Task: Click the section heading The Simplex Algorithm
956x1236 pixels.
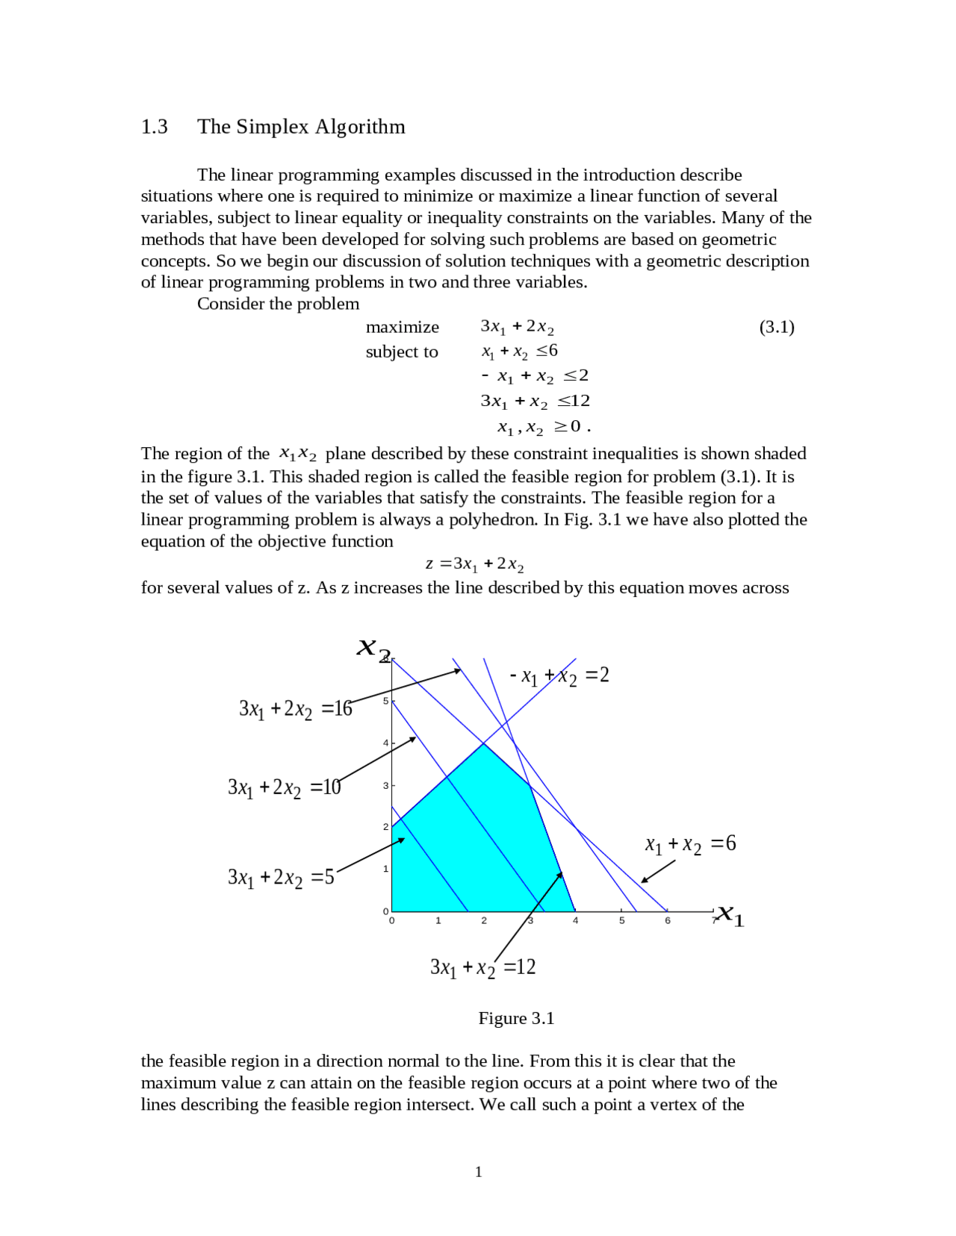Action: [x=301, y=127]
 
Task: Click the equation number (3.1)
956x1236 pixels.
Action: [x=776, y=327]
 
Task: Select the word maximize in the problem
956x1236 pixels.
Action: [x=402, y=327]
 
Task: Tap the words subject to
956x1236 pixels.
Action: [x=401, y=352]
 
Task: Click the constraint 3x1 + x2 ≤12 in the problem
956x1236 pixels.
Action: [x=535, y=402]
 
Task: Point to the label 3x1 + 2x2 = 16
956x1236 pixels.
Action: [x=295, y=709]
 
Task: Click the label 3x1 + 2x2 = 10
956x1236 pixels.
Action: [x=284, y=787]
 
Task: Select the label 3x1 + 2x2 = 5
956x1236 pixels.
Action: [x=281, y=877]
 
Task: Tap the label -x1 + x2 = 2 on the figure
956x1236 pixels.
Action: [x=559, y=676]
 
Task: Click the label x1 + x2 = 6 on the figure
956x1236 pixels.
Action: [x=690, y=844]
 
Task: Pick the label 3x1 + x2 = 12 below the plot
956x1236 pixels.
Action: [x=482, y=968]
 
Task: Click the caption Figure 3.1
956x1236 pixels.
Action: [x=516, y=1019]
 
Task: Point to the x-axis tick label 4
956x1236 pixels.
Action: [x=575, y=921]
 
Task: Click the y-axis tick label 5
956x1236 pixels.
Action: [x=385, y=701]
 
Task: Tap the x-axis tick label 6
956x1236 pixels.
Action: [x=667, y=921]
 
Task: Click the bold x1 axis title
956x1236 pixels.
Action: [x=730, y=916]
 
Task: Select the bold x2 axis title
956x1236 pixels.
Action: [x=373, y=649]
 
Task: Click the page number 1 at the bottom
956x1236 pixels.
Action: [x=478, y=1172]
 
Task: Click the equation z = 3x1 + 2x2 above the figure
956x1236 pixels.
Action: [x=474, y=564]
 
